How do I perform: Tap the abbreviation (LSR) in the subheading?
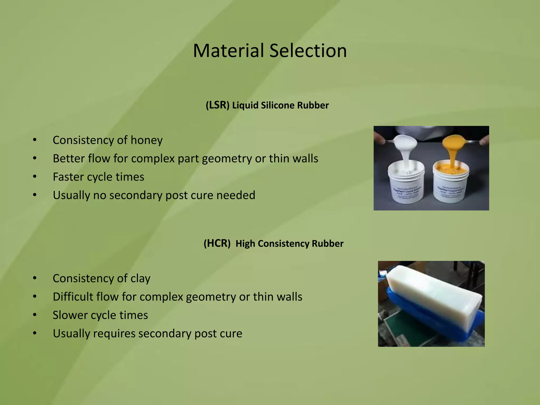[217, 105]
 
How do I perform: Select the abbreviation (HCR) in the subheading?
[217, 243]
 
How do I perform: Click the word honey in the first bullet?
[147, 140]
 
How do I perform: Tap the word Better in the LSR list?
[69, 158]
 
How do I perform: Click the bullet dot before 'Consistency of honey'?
[35, 140]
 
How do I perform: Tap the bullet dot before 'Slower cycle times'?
[35, 315]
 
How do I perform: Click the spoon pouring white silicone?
[405, 142]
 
